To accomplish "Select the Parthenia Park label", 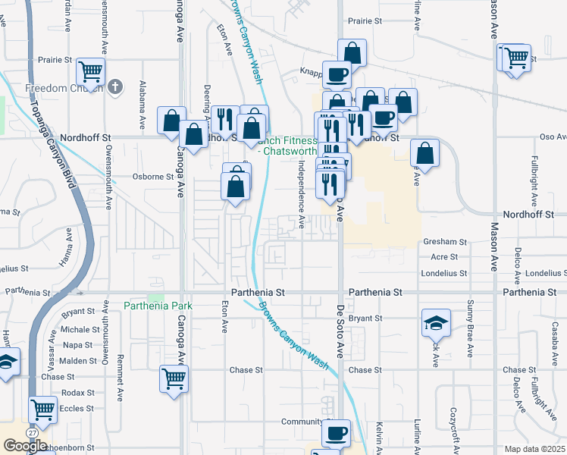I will coord(158,306).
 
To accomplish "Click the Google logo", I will coord(25,446).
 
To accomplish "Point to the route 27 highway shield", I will coord(33,431).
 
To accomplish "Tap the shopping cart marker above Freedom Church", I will coord(90,72).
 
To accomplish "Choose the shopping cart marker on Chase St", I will coord(174,378).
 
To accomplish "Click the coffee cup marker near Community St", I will coord(336,433).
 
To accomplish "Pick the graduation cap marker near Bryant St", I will coord(437,322).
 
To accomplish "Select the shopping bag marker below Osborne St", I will coord(236,185).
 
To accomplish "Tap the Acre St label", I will coord(444,257).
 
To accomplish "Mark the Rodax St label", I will coord(79,393).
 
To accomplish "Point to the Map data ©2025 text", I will coord(534,449).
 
